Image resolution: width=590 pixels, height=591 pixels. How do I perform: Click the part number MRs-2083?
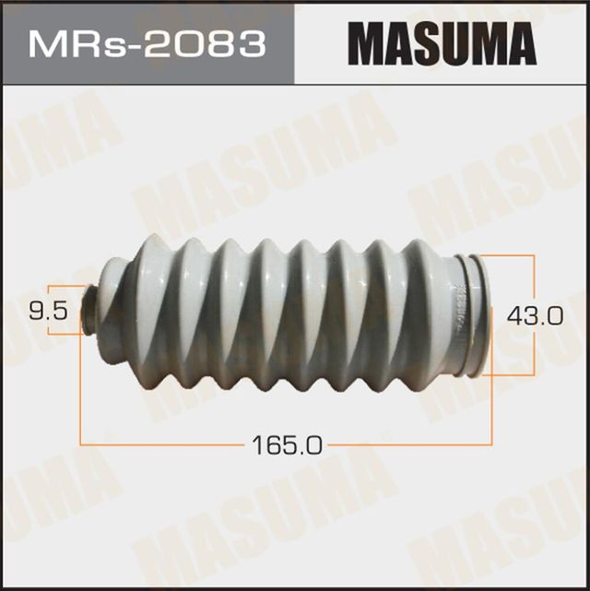click(147, 44)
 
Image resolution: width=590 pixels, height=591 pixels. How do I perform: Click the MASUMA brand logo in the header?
click(442, 44)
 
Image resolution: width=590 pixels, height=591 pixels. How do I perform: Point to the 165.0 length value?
click(287, 446)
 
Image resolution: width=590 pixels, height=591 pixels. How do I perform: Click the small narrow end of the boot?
click(92, 312)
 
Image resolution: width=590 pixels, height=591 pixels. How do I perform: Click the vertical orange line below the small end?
click(82, 387)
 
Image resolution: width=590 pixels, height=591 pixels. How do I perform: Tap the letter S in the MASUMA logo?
click(425, 44)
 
